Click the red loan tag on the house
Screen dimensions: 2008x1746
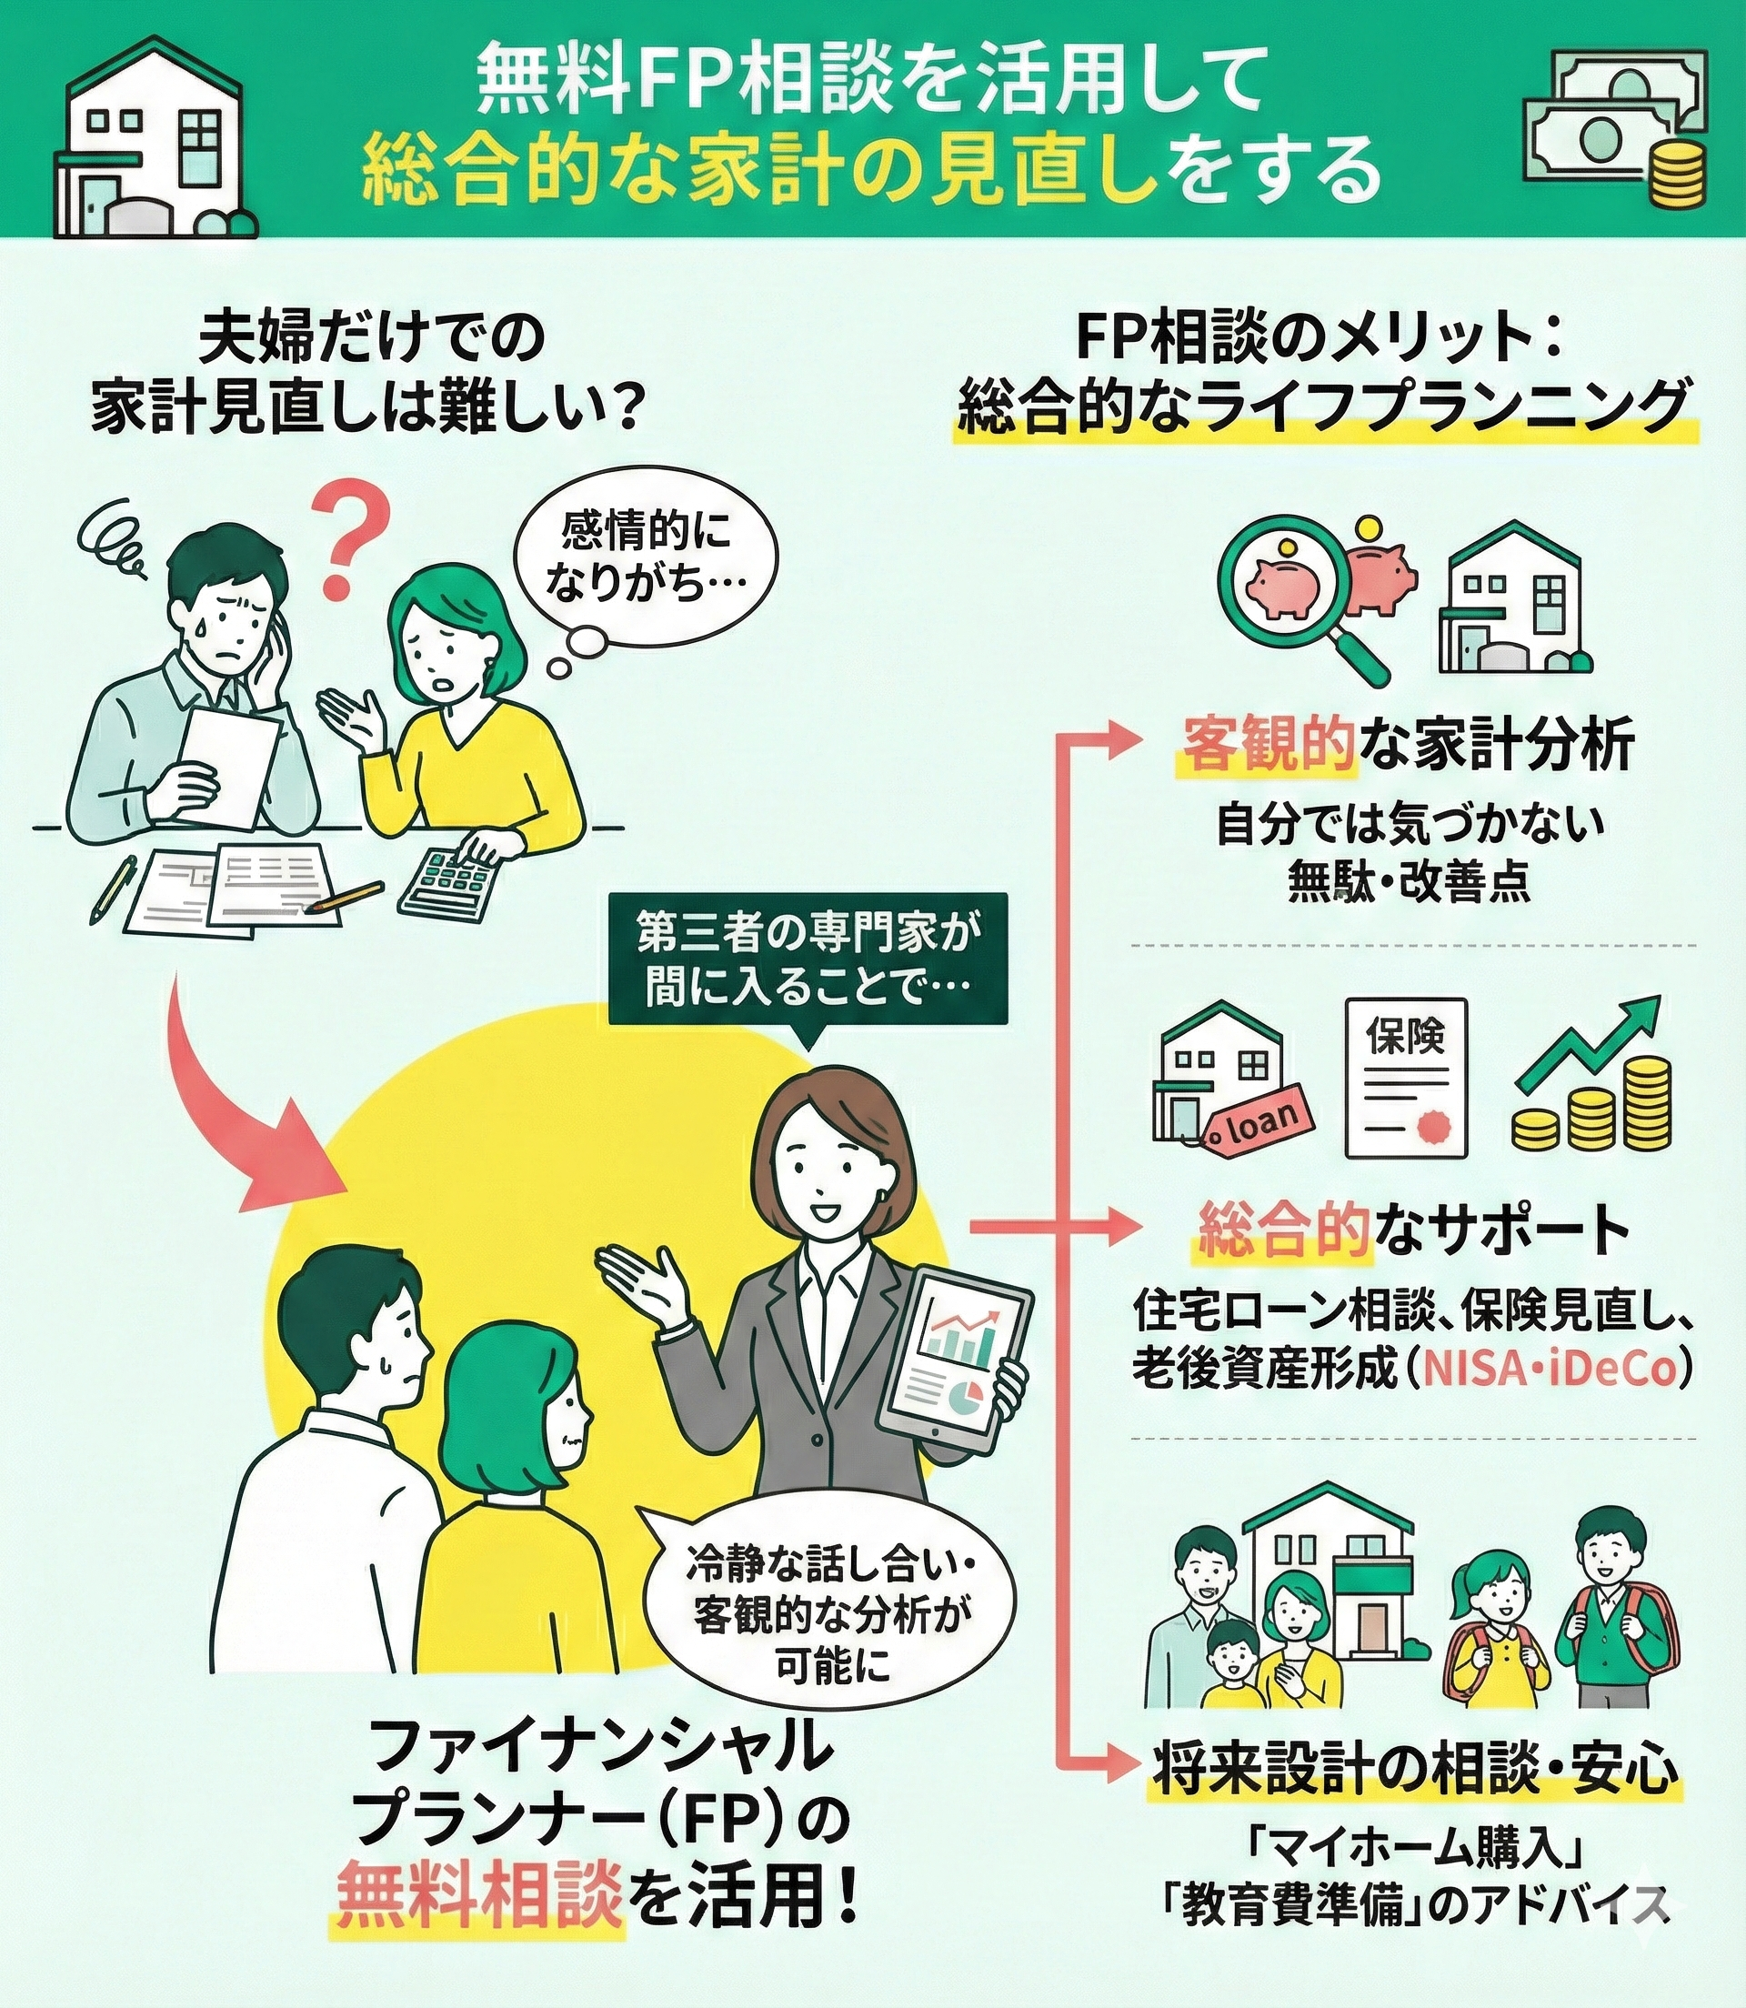pos(1260,1119)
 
